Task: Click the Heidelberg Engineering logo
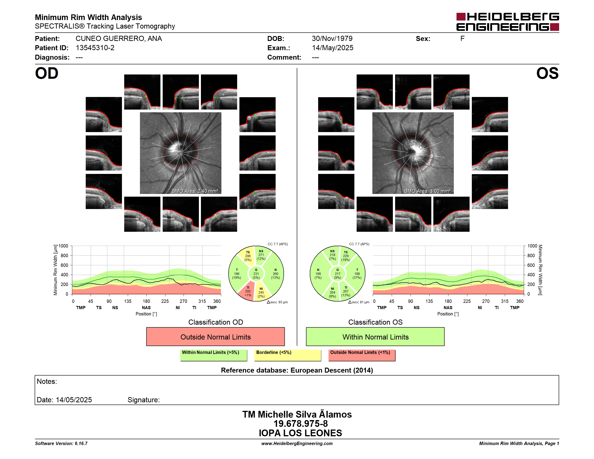508,22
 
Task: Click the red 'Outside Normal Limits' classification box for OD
215,337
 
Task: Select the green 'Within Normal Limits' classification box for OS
375,337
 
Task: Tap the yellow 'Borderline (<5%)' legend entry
288,355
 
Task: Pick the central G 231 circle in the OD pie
256,274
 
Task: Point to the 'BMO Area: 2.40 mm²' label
195,191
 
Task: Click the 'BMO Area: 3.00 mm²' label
427,191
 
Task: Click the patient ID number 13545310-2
95,48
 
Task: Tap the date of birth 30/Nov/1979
332,39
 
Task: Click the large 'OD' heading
47,73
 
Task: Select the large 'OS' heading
547,73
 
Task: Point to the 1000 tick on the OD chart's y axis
63,246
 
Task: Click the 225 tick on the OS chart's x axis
467,301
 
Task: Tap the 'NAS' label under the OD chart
146,308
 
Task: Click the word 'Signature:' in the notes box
144,400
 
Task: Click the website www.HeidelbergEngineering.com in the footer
297,443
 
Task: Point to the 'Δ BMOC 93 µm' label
277,302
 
